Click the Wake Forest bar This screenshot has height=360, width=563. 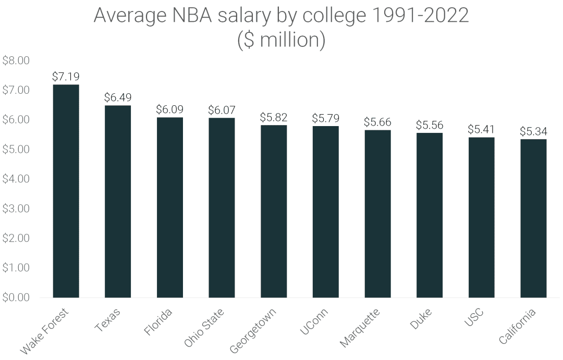click(x=66, y=191)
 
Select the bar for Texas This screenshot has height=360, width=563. click(x=118, y=202)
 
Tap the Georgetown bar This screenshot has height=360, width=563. click(x=274, y=212)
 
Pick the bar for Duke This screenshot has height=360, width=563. click(x=430, y=215)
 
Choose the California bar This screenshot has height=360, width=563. click(x=533, y=218)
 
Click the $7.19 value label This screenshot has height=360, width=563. click(x=66, y=77)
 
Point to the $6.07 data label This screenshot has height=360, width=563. click(x=222, y=110)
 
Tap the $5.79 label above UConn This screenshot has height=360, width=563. click(x=325, y=118)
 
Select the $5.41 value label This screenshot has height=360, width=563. click(x=481, y=129)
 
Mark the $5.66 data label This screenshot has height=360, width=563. click(x=377, y=122)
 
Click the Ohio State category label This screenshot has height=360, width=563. click(x=205, y=328)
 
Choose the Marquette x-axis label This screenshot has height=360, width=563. click(x=360, y=327)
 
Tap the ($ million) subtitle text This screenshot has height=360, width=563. click(x=281, y=40)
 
